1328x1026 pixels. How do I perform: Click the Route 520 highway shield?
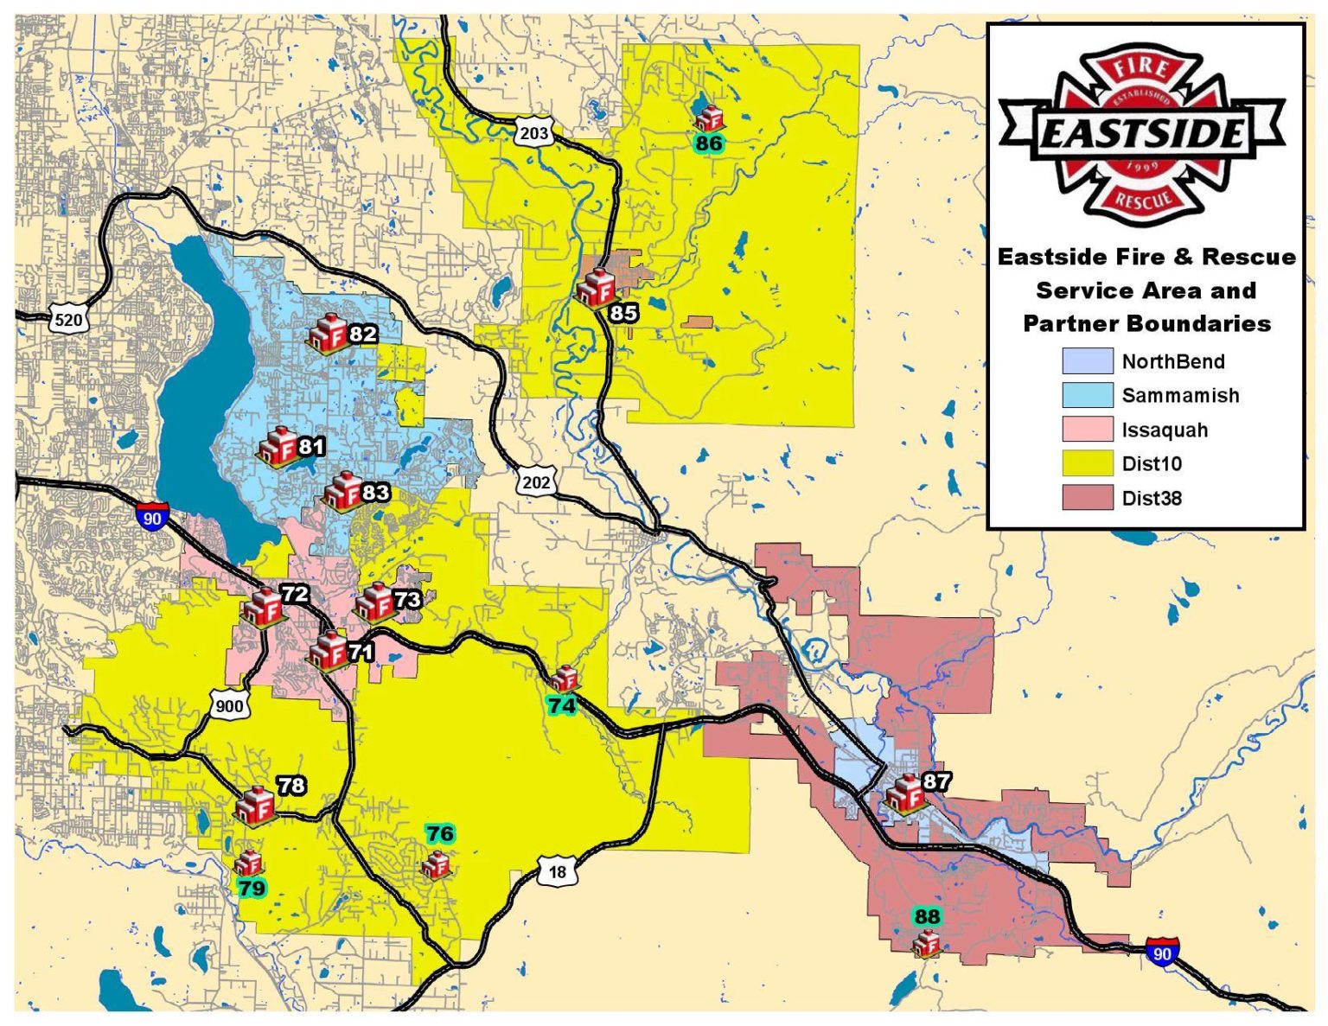coord(67,320)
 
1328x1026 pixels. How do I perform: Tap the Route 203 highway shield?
coord(533,133)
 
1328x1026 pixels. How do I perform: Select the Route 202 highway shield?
coord(535,481)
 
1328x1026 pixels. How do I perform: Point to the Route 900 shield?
coord(228,705)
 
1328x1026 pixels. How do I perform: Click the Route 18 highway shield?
coord(557,871)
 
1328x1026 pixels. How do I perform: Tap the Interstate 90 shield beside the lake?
coord(152,518)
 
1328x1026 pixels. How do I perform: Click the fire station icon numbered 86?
coord(709,118)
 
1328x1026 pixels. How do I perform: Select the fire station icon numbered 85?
coord(596,287)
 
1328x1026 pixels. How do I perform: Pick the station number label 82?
coord(362,334)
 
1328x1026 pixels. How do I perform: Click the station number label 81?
coord(311,446)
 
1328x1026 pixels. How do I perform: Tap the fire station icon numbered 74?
coord(564,678)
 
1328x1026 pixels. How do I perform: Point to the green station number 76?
coord(439,833)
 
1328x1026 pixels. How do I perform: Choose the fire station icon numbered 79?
coord(249,862)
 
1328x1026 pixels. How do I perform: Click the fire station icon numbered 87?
coord(905,793)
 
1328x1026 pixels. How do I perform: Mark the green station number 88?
coord(926,916)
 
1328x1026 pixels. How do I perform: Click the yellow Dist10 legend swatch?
coord(1087,463)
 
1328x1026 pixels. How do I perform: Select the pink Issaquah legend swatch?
coord(1087,430)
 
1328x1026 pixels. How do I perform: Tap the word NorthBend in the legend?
coord(1172,361)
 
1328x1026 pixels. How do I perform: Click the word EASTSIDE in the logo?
coord(1141,134)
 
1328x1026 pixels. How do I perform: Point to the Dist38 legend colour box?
coord(1087,498)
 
